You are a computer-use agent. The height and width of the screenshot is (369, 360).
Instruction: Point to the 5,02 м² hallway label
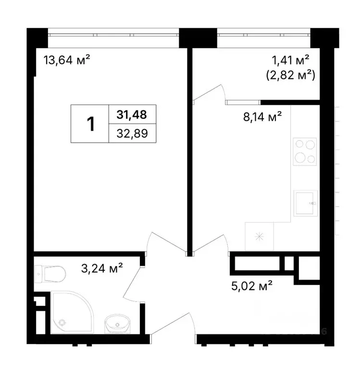pyautogui.click(x=252, y=287)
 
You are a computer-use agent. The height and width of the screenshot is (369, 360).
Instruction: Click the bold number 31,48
pyautogui.click(x=131, y=114)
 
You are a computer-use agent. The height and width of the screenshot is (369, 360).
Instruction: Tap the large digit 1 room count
pyautogui.click(x=90, y=124)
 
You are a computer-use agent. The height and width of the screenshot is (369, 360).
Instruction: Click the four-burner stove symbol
pyautogui.click(x=305, y=151)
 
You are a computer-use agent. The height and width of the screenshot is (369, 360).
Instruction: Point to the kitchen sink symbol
pyautogui.click(x=305, y=204)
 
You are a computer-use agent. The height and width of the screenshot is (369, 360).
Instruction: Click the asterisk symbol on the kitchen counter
pyautogui.click(x=260, y=236)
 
